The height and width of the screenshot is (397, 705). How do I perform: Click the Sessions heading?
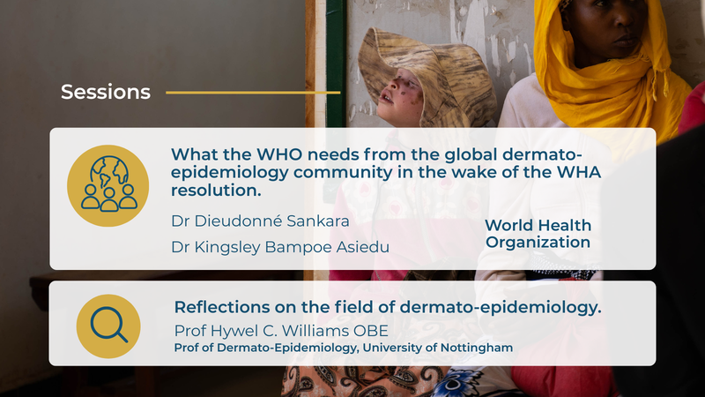point(105,92)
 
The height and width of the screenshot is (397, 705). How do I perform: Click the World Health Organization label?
point(538,234)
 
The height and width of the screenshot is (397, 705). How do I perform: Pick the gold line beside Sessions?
point(252,92)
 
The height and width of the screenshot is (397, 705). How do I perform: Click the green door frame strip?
point(335,44)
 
